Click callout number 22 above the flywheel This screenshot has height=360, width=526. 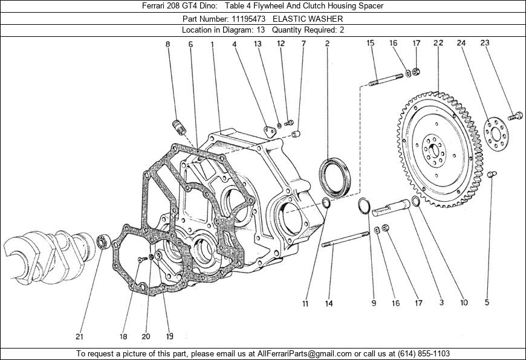(x=438, y=43)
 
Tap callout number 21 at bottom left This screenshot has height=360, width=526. (x=79, y=336)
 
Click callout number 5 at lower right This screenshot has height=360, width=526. (x=487, y=303)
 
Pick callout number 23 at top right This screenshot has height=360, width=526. (x=485, y=43)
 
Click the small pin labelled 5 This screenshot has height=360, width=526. (x=492, y=175)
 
